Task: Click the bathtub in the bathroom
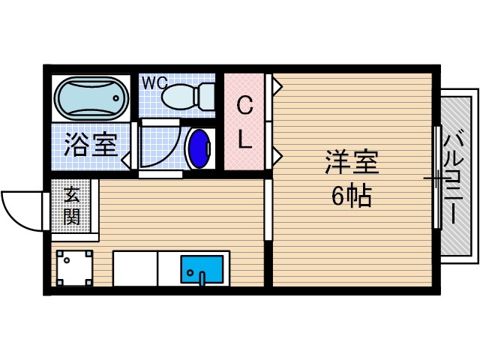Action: click(x=89, y=96)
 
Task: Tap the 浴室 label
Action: click(x=91, y=145)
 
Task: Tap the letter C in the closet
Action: click(x=245, y=106)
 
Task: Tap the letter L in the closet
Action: click(x=245, y=138)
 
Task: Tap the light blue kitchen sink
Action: click(x=202, y=268)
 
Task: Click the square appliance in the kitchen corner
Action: click(x=73, y=267)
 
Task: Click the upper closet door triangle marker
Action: click(x=277, y=87)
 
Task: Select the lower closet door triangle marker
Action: click(x=277, y=155)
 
